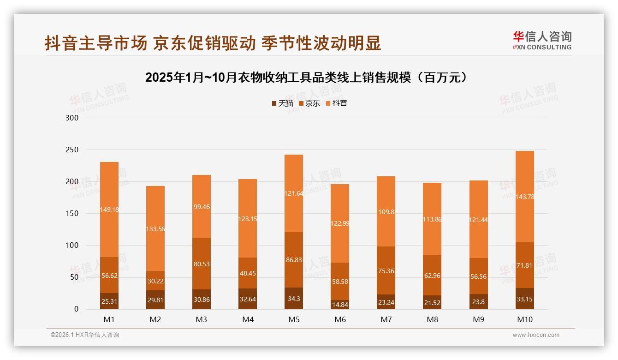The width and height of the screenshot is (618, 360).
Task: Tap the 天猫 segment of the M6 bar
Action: coord(340,305)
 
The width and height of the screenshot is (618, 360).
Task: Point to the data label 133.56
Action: coord(155,229)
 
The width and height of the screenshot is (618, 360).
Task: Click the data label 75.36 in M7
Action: coord(386,271)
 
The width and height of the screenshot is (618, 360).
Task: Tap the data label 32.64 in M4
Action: coord(248,299)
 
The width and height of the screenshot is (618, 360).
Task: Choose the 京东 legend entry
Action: coord(309,103)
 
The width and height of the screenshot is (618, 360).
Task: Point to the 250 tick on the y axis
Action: coord(73,150)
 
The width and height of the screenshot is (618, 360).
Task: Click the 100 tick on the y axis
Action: coord(73,246)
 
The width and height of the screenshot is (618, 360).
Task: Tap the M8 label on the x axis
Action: coord(432,319)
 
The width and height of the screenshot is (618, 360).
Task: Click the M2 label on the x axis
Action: coord(155,319)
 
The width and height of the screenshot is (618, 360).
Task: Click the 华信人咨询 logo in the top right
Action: coord(542,40)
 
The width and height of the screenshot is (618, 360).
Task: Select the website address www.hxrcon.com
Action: coord(536,335)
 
